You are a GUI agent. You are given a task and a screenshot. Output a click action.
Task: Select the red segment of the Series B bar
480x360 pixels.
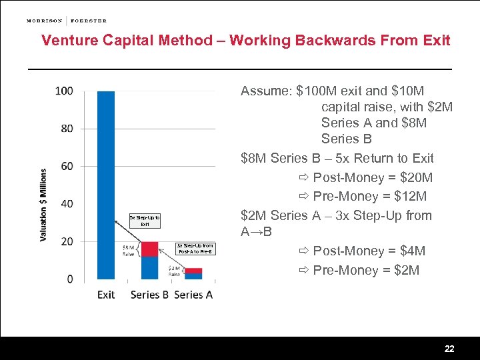tap(150, 249)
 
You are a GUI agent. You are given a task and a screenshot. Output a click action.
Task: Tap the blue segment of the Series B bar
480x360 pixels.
tap(150, 267)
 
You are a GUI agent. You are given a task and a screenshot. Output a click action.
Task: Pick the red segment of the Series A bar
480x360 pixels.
tap(193, 271)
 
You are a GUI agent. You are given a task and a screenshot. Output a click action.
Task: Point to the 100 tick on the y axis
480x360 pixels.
tap(65, 91)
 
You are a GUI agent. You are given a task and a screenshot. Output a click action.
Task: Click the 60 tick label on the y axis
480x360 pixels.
tap(67, 166)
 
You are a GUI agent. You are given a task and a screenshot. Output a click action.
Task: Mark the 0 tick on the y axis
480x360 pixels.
tap(70, 279)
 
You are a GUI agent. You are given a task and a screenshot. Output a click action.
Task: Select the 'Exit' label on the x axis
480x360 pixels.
tap(106, 295)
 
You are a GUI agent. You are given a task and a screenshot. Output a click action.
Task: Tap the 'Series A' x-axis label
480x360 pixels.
tap(193, 295)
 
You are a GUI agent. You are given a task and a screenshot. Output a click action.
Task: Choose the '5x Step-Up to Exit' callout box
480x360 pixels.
tap(145, 221)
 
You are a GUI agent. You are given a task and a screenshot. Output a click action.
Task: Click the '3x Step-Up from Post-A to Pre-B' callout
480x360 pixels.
tap(195, 249)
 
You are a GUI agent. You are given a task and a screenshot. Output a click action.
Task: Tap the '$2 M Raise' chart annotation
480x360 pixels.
tap(174, 271)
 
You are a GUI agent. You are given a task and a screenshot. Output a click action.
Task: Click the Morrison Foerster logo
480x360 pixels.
tap(66, 21)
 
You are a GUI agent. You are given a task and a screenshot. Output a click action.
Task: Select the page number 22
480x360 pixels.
tap(449, 349)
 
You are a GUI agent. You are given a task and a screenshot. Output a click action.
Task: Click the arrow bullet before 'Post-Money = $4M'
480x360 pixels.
tap(304, 251)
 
